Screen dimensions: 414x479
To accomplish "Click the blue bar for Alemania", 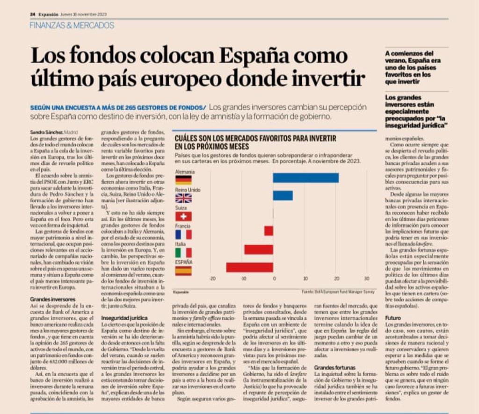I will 305,178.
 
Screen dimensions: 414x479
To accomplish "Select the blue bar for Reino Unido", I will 283,195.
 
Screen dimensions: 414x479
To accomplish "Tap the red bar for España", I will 249,267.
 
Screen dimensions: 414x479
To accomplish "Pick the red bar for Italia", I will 258,249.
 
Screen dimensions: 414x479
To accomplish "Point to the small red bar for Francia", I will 269,231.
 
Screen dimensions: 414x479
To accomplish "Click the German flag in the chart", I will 183,180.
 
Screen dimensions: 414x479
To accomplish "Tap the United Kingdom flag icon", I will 183,198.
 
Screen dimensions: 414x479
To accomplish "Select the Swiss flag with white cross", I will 183,216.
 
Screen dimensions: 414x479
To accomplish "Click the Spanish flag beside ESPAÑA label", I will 183,271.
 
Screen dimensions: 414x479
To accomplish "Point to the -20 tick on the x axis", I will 212,279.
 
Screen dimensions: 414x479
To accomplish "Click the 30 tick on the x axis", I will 366,279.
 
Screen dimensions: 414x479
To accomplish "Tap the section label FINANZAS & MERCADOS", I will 72,25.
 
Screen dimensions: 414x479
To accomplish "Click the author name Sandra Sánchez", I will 46,132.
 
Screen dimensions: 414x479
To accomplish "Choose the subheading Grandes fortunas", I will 334,368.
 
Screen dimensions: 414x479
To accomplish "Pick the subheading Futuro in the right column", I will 393,317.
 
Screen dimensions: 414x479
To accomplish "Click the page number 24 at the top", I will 33,14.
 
